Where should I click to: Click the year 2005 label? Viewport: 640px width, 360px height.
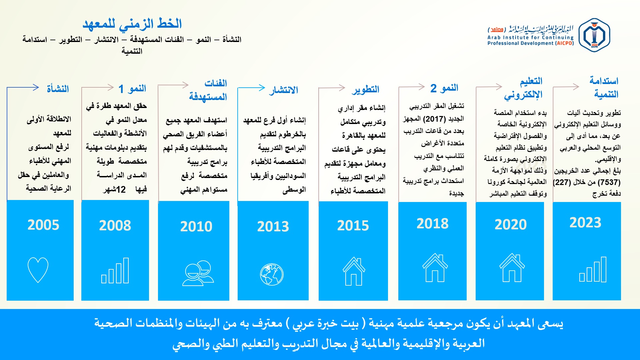[43, 225]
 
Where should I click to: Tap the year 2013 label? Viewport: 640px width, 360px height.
[273, 227]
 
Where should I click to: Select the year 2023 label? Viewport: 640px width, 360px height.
[585, 223]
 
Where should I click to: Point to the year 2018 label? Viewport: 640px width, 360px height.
[432, 224]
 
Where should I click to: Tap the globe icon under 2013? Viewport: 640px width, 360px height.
[272, 274]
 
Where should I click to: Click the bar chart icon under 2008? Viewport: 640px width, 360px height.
[115, 271]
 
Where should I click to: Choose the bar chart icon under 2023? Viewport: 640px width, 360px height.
[593, 269]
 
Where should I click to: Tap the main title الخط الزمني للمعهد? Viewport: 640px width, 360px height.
[132, 24]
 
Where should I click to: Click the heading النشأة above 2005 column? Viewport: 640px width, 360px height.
[58, 89]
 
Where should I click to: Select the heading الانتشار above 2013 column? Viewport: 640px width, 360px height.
[284, 90]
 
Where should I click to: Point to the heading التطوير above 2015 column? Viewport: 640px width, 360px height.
[366, 89]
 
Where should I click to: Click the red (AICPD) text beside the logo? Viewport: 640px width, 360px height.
[564, 43]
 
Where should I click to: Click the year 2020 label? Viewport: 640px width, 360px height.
[511, 225]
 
